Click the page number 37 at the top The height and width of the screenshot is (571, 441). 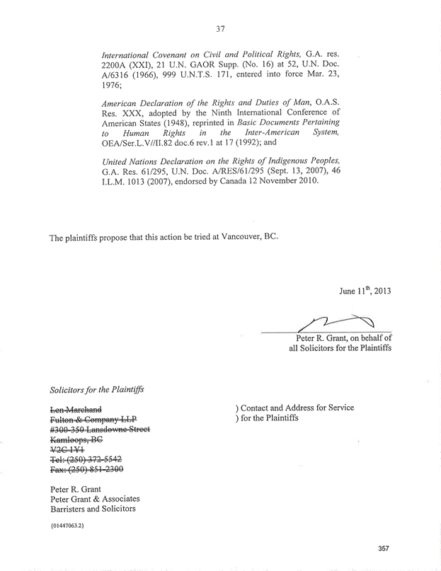pyautogui.click(x=219, y=29)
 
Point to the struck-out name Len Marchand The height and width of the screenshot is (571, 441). pyautogui.click(x=76, y=409)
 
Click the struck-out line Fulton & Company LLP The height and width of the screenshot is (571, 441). pyautogui.click(x=92, y=420)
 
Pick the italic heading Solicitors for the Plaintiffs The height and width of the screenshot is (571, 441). pyautogui.click(x=98, y=389)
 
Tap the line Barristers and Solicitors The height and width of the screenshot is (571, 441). pyautogui.click(x=93, y=509)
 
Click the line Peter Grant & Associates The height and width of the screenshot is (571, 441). pyautogui.click(x=94, y=499)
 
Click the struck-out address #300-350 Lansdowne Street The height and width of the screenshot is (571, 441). pyautogui.click(x=99, y=431)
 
